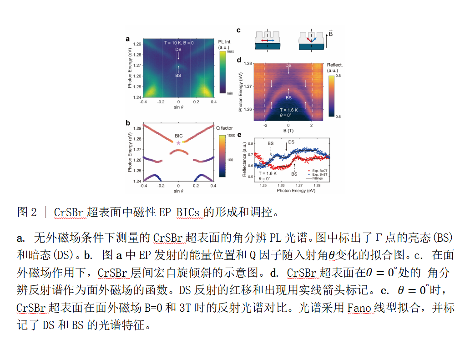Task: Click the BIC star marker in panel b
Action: [x=178, y=143]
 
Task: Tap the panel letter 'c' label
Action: [x=238, y=30]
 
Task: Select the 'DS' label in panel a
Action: [x=178, y=50]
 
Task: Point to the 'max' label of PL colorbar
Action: [x=230, y=52]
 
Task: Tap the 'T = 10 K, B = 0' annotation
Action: [x=179, y=42]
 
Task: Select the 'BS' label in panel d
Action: [x=288, y=98]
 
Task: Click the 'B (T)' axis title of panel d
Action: [x=288, y=131]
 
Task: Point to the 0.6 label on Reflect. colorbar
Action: [x=339, y=117]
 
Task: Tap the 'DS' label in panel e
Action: [x=291, y=142]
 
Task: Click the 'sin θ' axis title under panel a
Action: [x=178, y=108]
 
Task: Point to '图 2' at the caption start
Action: [x=27, y=212]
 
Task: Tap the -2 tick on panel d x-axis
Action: [x=264, y=125]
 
